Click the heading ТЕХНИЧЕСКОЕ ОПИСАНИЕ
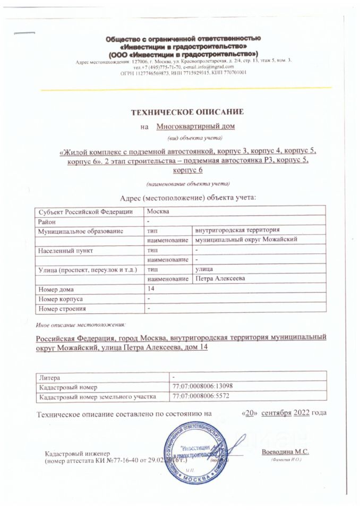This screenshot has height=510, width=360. tap(187, 112)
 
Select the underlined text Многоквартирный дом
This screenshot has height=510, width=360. tap(196, 126)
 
